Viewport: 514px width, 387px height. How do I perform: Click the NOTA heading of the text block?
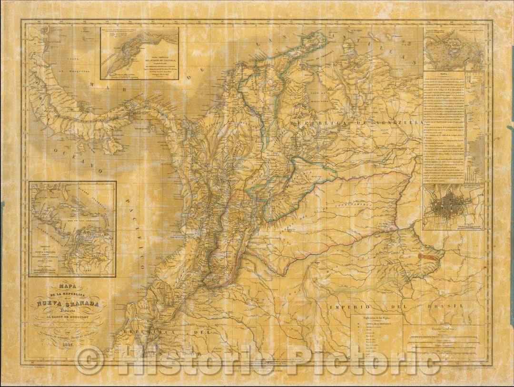444,75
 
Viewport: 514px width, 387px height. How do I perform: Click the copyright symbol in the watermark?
89,360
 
